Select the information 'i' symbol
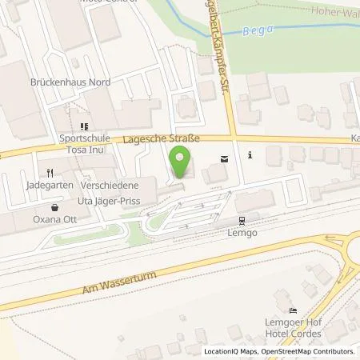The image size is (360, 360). click(x=250, y=155)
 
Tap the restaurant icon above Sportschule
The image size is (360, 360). click(x=83, y=126)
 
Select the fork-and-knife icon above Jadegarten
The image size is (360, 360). click(x=50, y=171)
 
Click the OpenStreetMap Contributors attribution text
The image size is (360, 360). click(x=311, y=351)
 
